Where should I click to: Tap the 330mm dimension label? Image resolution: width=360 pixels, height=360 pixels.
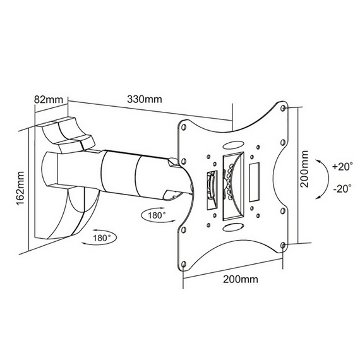pyautogui.click(x=145, y=99)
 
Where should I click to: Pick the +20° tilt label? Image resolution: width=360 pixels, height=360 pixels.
pyautogui.click(x=340, y=167)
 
